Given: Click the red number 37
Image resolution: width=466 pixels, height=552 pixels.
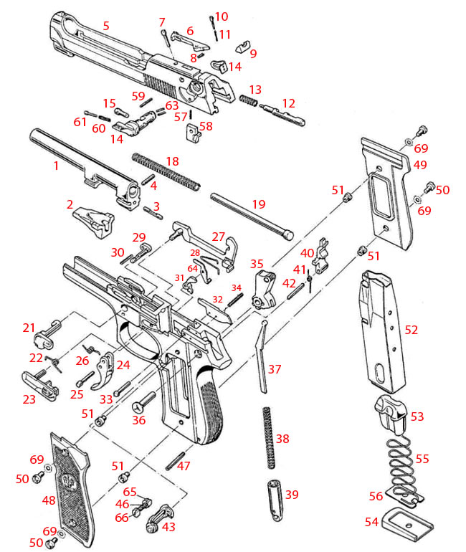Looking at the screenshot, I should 274,369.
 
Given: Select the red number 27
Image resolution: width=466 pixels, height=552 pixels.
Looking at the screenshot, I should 218,237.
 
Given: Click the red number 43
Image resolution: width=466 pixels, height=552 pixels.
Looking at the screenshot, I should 170,527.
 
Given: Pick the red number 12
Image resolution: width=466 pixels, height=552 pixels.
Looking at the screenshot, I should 288,103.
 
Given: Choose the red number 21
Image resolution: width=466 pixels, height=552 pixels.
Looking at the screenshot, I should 29,328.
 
